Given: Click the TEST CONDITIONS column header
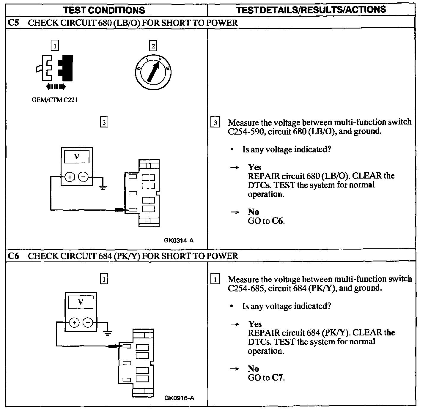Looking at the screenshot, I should click(x=104, y=10).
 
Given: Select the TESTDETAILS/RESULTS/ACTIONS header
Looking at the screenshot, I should click(x=311, y=10).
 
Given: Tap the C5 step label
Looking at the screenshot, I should click(x=13, y=23).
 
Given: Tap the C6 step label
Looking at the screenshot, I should click(x=13, y=256).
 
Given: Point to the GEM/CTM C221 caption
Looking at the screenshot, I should click(x=54, y=100).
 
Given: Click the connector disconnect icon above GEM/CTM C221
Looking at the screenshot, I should click(x=55, y=68).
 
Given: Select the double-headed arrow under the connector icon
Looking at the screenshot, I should click(x=56, y=86).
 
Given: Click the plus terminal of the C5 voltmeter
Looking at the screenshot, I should click(x=70, y=177).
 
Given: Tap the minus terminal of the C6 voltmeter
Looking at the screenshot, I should click(x=88, y=322).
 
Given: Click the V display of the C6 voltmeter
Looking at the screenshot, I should click(x=81, y=302).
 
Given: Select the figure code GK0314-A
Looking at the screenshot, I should click(x=179, y=240).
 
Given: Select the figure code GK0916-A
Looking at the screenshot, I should click(x=179, y=398).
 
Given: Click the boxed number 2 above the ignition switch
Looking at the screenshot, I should click(x=153, y=46).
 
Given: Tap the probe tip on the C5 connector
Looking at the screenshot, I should click(x=119, y=210).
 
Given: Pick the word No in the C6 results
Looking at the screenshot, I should click(x=254, y=369).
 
